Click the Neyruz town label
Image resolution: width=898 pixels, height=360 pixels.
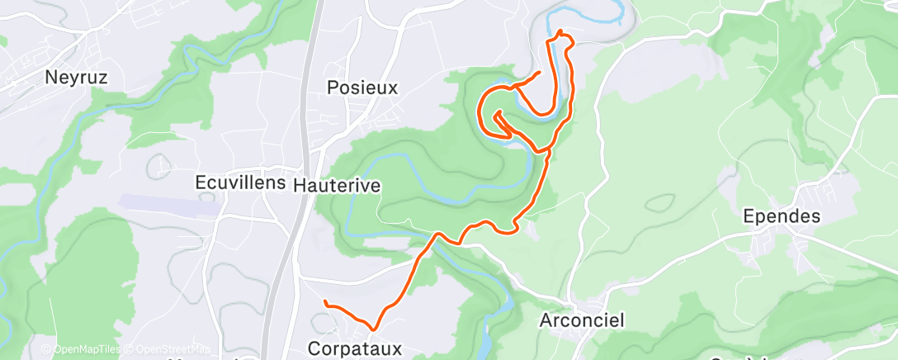tap(77, 78)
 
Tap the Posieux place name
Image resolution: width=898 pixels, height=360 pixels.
tap(362, 87)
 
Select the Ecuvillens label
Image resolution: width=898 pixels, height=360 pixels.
tap(240, 182)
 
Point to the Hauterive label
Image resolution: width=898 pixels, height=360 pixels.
tap(337, 185)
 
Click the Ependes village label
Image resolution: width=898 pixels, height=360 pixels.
tap(781, 216)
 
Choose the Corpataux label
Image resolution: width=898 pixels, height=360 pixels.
tap(355, 348)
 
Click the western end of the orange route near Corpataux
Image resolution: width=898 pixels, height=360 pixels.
tap(326, 302)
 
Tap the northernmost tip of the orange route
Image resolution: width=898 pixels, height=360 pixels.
tap(561, 32)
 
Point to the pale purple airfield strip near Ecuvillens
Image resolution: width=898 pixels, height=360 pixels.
tap(169, 204)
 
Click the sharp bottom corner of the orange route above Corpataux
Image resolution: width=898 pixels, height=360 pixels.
tap(376, 329)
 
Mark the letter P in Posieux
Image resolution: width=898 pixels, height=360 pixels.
tap(333, 87)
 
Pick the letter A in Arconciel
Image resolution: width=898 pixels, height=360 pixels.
tap(546, 320)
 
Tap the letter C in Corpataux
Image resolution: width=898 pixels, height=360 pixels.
tap(314, 348)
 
